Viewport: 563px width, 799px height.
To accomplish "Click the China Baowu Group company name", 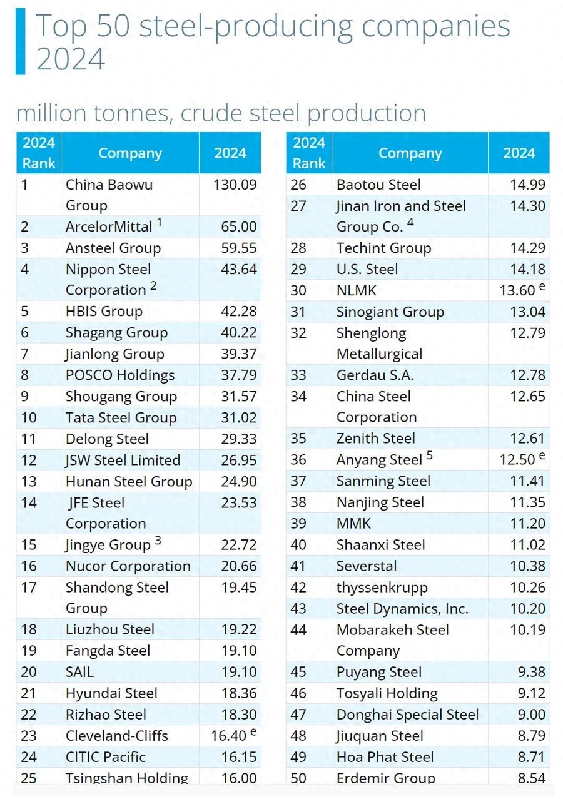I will tap(109, 195).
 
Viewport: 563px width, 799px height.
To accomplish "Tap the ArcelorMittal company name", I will tap(109, 226).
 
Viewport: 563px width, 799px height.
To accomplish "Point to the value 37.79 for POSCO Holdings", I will tap(239, 375).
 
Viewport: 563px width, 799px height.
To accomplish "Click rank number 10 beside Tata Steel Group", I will tap(29, 418).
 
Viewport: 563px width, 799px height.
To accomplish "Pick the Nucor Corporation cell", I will tap(128, 566).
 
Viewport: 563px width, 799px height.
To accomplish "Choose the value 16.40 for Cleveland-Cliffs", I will tap(230, 736).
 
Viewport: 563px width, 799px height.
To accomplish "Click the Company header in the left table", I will tap(130, 153).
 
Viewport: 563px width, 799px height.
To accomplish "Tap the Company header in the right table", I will tap(410, 153).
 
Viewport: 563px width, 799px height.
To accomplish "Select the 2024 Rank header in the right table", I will tap(309, 153).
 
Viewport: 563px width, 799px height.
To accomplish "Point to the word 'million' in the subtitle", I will tap(52, 113).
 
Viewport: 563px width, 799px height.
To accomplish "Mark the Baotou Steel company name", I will tap(378, 185).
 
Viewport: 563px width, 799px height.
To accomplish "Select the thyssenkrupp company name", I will tap(382, 588).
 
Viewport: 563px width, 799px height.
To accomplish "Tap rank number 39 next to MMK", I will tap(298, 524).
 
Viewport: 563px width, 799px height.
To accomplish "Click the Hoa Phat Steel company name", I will tap(385, 757).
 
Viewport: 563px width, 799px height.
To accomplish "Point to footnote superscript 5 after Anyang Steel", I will tap(430, 455).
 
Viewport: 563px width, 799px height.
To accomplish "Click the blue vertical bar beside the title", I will tap(20, 41).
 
